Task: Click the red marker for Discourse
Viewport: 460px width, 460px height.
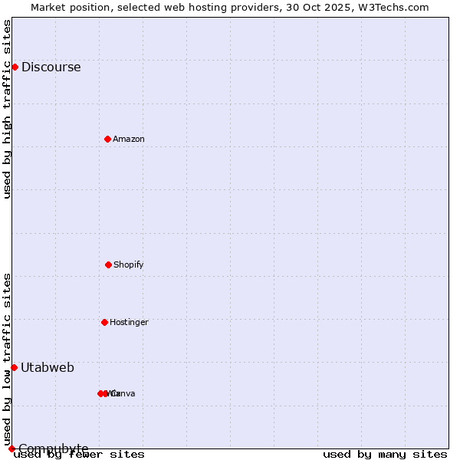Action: point(15,67)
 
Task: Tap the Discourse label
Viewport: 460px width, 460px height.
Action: point(51,67)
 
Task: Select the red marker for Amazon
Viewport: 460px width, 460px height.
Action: point(107,139)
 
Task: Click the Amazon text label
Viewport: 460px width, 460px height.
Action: point(128,139)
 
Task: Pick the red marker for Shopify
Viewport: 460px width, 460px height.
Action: point(108,264)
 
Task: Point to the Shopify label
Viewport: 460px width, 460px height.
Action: point(128,264)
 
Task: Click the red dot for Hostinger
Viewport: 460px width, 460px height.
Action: point(104,322)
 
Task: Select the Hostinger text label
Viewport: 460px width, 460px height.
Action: point(129,322)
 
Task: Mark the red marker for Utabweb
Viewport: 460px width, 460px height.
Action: point(14,367)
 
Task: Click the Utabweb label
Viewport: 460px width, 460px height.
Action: point(48,367)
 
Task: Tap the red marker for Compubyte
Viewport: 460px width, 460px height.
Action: point(11,449)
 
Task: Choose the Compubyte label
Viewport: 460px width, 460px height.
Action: point(54,449)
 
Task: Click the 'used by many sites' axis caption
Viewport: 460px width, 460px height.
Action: point(385,454)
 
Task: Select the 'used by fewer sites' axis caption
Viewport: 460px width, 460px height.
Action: point(80,454)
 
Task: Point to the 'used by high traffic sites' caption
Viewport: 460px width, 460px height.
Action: point(8,109)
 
